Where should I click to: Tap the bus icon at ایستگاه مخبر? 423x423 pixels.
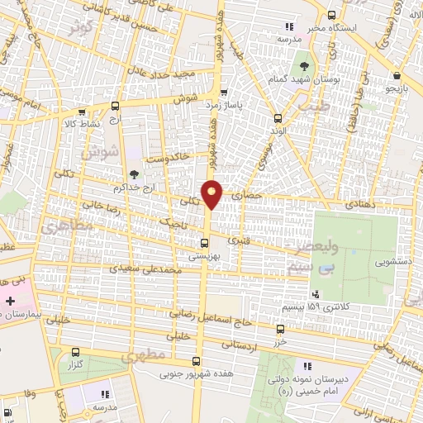point(332,14)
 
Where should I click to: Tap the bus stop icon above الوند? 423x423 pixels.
point(278,118)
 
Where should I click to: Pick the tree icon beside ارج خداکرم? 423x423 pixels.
point(134,174)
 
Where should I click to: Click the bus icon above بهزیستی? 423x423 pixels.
point(205,243)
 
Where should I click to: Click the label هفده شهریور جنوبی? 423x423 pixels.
point(196,373)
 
